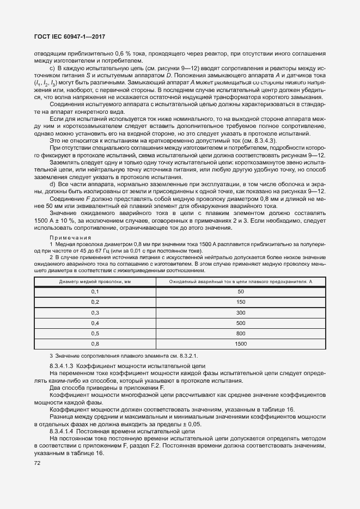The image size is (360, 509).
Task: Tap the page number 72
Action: point(38,463)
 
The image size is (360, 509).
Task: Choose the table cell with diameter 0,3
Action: point(95,312)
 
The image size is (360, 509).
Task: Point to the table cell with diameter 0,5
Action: point(95,333)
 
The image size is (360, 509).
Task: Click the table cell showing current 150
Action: point(240,302)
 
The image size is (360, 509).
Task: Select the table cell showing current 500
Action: point(240,323)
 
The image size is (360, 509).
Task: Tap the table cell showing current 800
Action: point(240,333)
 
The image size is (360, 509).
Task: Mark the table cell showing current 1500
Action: point(240,344)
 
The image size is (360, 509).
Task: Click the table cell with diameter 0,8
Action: point(95,344)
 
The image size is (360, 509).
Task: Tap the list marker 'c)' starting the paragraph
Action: point(52,68)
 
